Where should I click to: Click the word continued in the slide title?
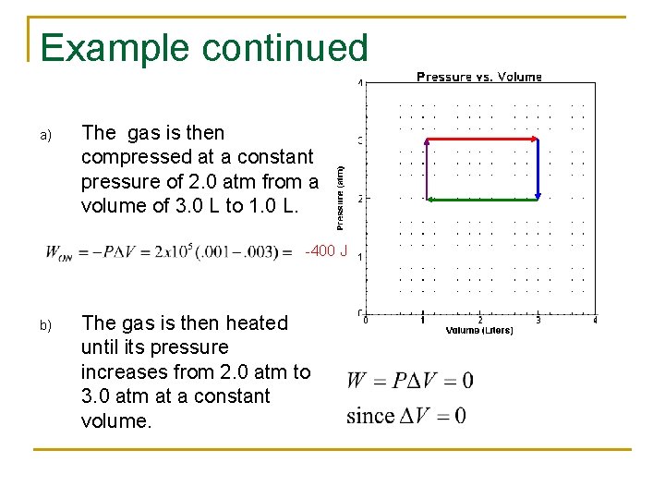tap(296, 48)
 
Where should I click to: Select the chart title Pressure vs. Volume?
tap(479, 77)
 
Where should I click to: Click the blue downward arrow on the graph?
tap(538, 169)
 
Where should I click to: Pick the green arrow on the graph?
tap(481, 199)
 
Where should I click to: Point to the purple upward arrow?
tap(425, 169)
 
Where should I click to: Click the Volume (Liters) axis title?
tap(479, 330)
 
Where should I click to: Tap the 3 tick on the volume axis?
tap(538, 321)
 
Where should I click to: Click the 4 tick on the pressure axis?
tap(360, 83)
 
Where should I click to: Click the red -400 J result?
tap(324, 252)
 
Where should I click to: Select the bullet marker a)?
tap(44, 136)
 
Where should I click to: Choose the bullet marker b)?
tap(44, 325)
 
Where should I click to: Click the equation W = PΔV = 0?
tap(409, 380)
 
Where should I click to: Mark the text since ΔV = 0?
tap(406, 415)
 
